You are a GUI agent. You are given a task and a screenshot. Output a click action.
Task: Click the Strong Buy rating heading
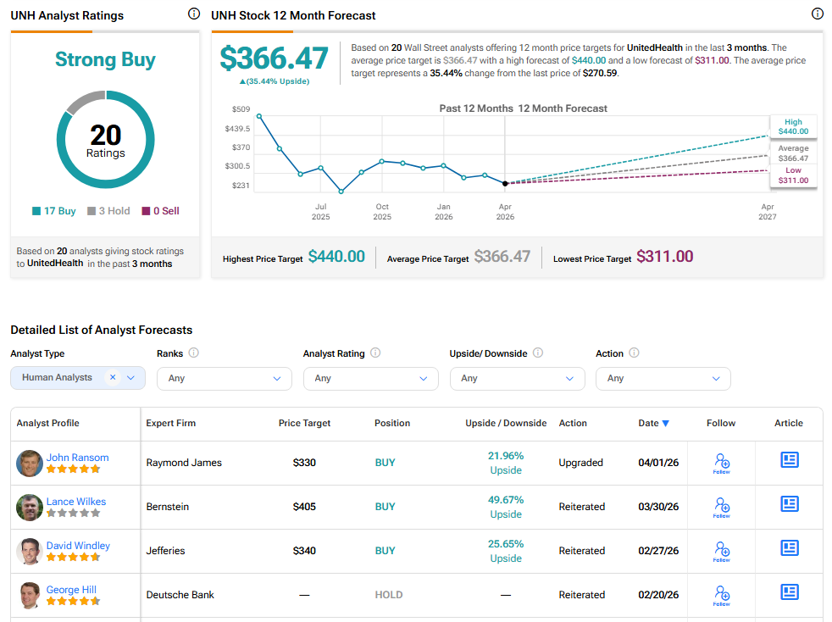pos(105,59)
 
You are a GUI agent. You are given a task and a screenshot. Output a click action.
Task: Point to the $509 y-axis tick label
pos(241,109)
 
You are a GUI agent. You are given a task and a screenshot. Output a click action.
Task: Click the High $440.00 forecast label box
pos(793,126)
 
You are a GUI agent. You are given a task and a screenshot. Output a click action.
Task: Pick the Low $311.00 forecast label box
pos(793,175)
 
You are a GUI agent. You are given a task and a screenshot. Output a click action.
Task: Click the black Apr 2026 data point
pos(505,183)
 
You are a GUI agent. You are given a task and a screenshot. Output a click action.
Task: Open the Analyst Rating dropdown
pos(370,378)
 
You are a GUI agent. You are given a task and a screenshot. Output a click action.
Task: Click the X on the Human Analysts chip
pos(113,378)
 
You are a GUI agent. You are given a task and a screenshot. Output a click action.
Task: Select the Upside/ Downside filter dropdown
pos(517,378)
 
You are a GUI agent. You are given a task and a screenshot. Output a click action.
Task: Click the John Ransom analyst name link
pos(77,458)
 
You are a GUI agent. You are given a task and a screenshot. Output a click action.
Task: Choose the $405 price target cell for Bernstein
pos(304,507)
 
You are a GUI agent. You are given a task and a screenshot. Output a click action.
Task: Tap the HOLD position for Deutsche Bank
pos(389,595)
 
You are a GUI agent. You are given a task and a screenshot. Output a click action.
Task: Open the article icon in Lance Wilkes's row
pos(789,504)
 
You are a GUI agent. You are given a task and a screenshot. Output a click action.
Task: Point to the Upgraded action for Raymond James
pos(581,463)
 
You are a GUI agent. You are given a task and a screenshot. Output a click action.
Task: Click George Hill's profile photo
pos(30,595)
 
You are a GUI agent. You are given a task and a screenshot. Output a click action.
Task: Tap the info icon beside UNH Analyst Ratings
pos(193,14)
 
